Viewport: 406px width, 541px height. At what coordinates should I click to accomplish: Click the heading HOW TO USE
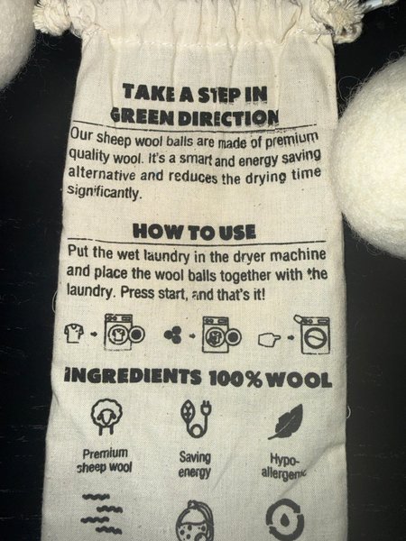[194, 231]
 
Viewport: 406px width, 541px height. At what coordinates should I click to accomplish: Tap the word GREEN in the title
[143, 116]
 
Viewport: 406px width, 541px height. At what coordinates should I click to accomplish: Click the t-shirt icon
[74, 333]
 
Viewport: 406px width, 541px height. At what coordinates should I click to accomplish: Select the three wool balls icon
[173, 335]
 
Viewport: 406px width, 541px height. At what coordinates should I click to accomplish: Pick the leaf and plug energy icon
[196, 418]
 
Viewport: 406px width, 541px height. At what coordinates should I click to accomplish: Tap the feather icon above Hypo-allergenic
[286, 422]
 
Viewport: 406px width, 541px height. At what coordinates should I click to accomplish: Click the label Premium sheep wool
[105, 460]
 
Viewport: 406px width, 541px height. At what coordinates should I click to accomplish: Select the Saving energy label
[195, 464]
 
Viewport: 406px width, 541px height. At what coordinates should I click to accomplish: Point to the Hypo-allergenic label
[284, 465]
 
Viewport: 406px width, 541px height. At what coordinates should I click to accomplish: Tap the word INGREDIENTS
[133, 376]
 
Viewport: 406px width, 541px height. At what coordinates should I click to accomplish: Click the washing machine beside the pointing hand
[312, 334]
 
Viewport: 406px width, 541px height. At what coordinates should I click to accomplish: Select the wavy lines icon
[102, 513]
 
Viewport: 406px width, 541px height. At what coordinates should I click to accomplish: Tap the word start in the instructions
[172, 293]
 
